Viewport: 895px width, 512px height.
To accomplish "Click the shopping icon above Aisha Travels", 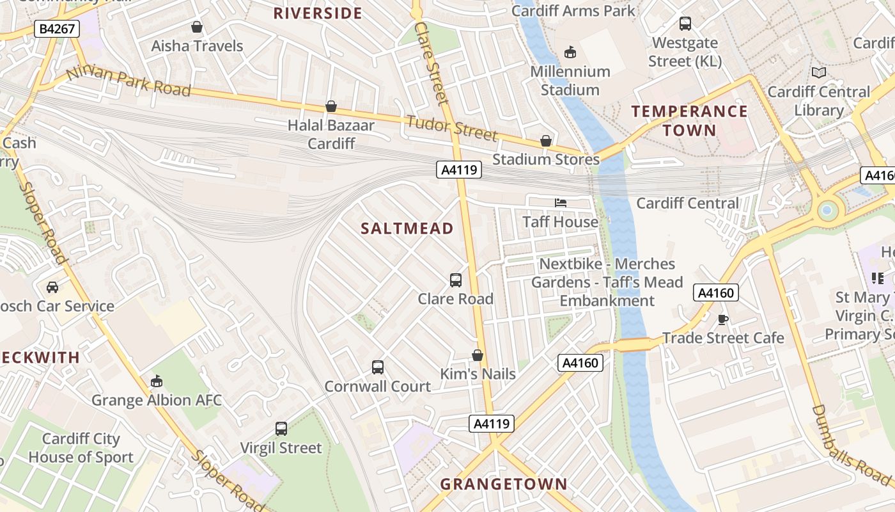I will point(197,27).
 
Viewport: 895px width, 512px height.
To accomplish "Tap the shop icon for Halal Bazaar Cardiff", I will point(331,106).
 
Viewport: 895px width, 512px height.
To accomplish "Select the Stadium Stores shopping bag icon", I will point(546,141).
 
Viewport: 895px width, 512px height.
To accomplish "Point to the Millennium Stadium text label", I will point(570,81).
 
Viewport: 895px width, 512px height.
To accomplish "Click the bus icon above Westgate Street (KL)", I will point(685,24).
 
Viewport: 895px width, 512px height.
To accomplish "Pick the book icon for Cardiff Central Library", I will point(819,73).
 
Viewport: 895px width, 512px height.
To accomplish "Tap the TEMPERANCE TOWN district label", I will point(689,121).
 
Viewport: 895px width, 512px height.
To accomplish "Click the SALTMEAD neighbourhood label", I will point(407,228).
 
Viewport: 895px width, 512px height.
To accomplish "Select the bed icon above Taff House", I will point(561,203).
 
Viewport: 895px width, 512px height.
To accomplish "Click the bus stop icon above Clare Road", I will point(456,280).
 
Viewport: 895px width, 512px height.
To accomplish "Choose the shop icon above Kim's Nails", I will point(478,355).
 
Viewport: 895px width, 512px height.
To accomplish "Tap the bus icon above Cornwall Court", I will point(378,367).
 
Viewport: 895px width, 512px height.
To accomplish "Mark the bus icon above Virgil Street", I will point(281,429).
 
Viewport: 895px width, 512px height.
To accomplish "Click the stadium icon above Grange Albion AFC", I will point(157,381).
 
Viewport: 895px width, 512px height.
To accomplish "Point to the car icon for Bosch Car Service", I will point(52,287).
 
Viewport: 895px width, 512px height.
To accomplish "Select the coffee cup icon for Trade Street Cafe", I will point(723,319).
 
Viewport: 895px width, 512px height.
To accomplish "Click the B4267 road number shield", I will point(56,29).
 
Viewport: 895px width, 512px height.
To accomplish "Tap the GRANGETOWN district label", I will point(504,484).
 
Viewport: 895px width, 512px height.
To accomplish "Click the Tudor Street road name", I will point(451,127).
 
